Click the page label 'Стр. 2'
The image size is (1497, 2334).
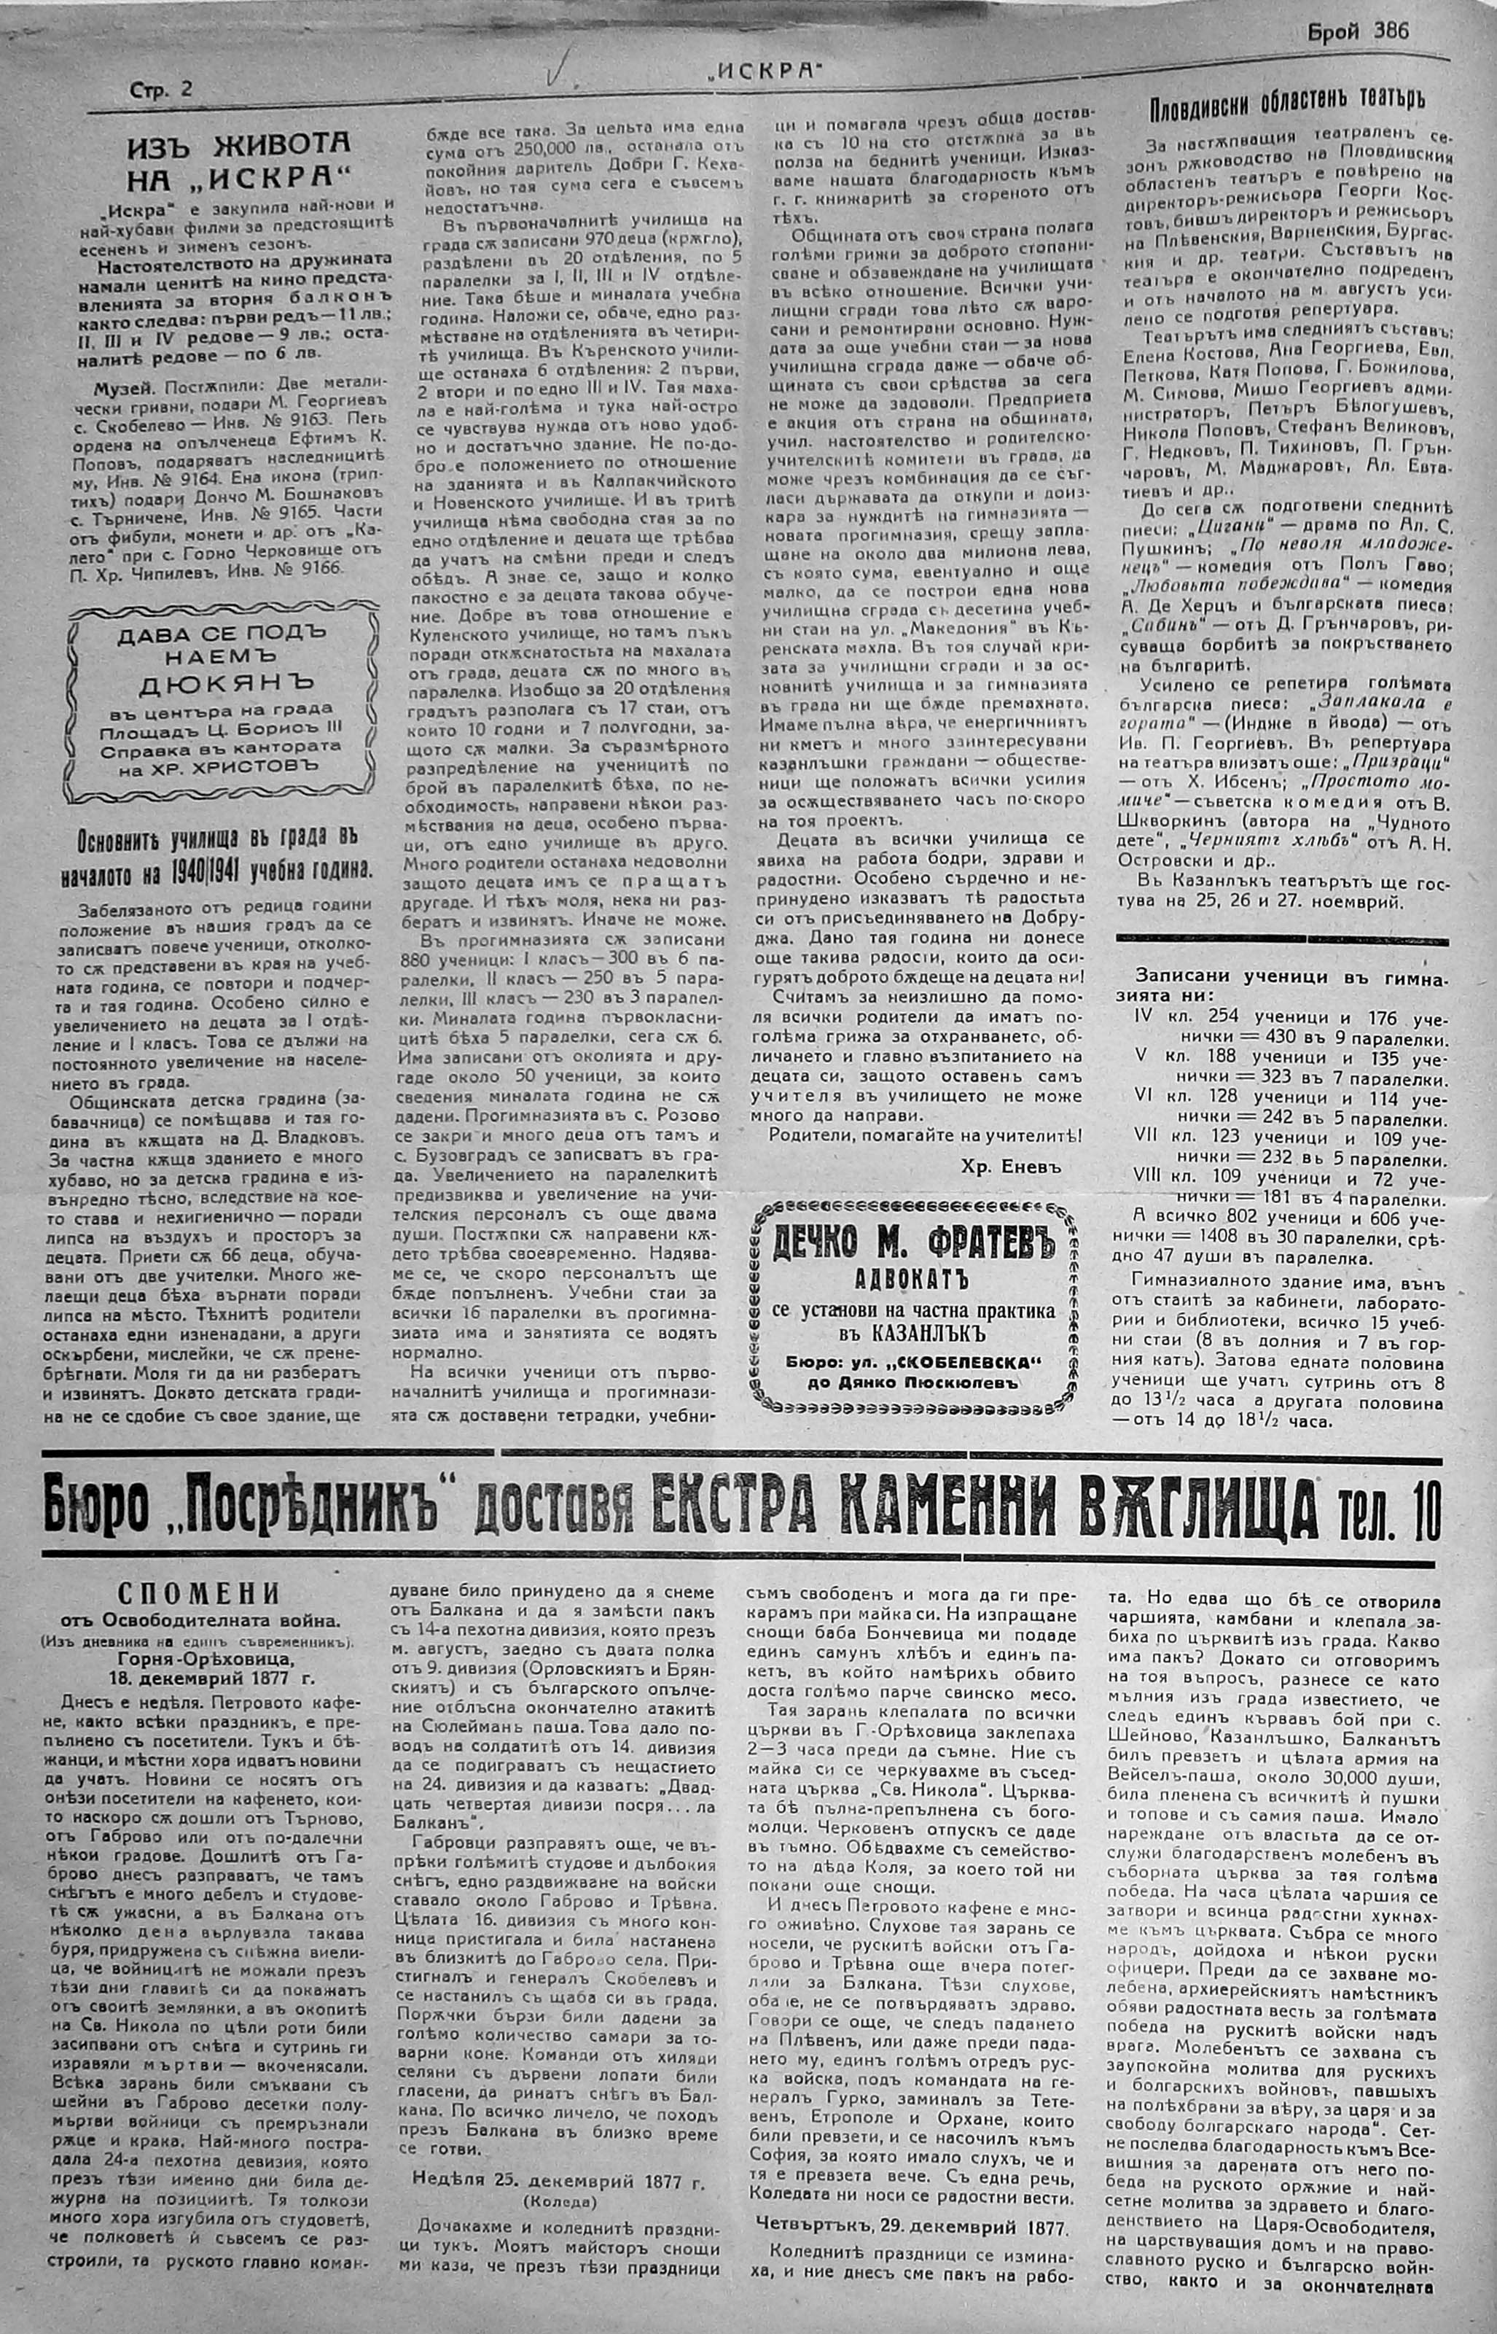[161, 90]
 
